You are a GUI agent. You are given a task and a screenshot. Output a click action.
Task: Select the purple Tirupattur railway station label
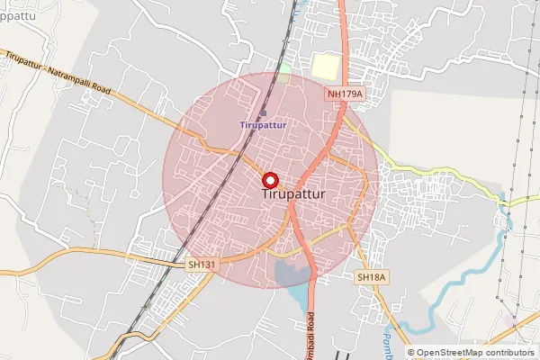click(264, 125)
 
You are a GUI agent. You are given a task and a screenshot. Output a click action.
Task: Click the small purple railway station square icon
click(263, 113)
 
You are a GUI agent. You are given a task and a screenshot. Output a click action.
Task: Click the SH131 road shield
click(202, 264)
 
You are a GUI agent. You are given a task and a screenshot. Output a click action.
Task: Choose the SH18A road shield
click(371, 277)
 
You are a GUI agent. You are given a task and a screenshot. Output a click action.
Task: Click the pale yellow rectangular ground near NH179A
click(325, 66)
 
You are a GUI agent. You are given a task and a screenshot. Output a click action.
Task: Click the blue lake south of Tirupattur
click(291, 274)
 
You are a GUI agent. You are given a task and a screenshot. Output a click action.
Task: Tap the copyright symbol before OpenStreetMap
click(411, 352)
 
